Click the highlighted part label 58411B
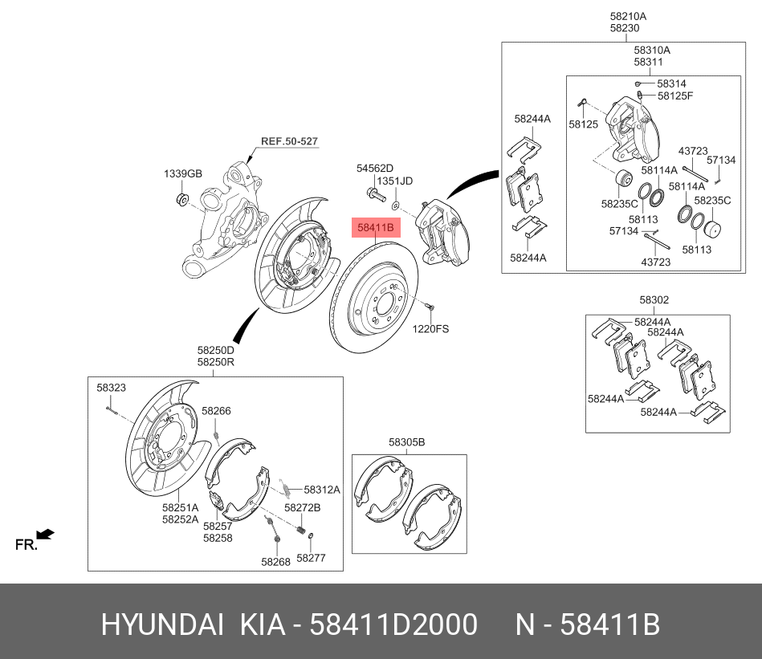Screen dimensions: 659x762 tap(375, 228)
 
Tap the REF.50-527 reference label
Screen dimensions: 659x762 tap(289, 141)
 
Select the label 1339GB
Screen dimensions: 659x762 tap(183, 173)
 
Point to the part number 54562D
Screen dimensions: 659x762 tap(375, 169)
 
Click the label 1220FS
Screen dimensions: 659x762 tap(431, 328)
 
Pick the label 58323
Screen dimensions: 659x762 tap(112, 388)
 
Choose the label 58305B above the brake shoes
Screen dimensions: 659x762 tap(406, 442)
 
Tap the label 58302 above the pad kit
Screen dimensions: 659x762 tap(654, 300)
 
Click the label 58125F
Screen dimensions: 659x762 tap(674, 96)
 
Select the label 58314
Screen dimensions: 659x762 tap(671, 83)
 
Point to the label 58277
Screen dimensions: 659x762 tap(311, 557)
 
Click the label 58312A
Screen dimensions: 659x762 tap(321, 490)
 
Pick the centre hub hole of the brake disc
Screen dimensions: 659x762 tap(384, 306)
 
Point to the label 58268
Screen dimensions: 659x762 tap(275, 562)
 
